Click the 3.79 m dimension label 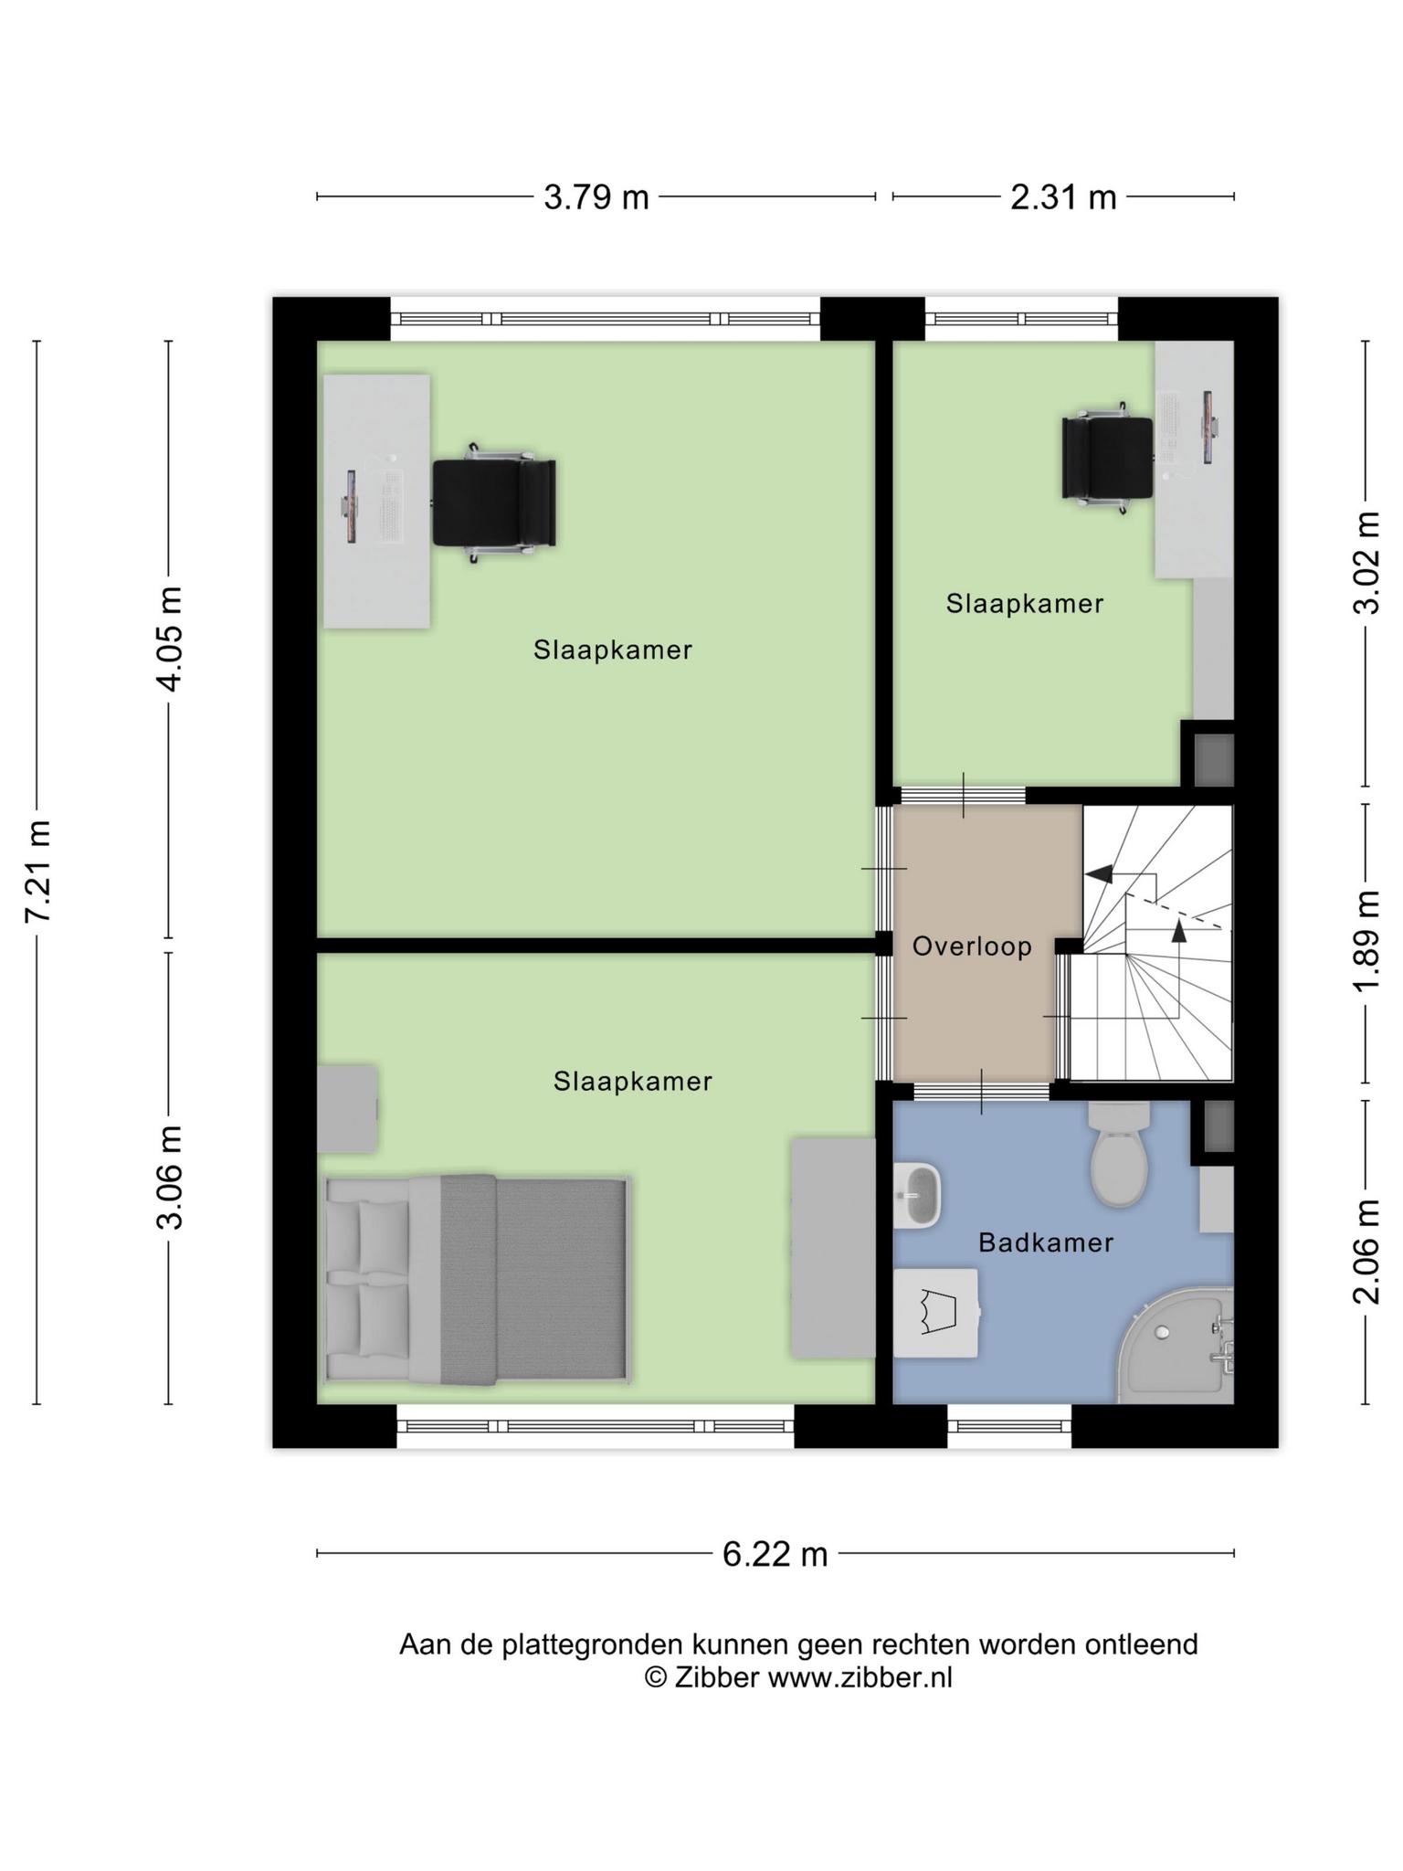596,196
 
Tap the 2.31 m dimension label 1063,196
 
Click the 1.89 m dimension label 1366,941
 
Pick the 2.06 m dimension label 1366,1251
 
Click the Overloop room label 972,946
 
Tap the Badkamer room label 1046,1242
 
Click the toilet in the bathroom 1120,1154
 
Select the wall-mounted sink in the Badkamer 917,1194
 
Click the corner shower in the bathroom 1176,1345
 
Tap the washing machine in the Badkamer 936,1313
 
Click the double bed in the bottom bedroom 477,1279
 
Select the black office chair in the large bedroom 494,502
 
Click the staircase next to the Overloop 1152,943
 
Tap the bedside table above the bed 348,1108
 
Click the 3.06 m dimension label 170,1179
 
